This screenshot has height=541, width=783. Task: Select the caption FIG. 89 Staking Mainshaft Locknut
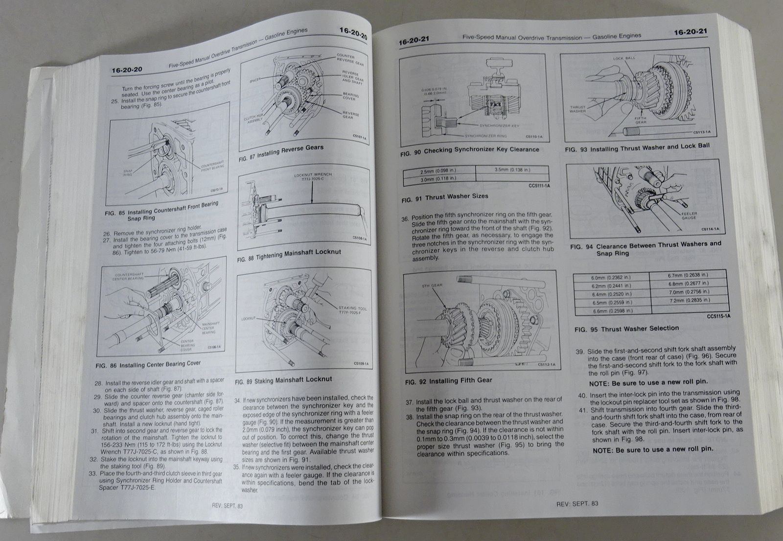pos(283,380)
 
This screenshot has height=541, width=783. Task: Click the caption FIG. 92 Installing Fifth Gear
pos(449,380)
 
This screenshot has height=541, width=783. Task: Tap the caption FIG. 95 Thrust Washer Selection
pos(627,329)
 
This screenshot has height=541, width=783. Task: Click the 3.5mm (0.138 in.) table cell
pos(512,170)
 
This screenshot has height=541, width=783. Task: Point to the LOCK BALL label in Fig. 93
pos(624,58)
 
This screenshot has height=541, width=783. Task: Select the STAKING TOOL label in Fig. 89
pos(352,309)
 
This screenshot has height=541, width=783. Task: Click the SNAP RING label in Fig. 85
pos(128,172)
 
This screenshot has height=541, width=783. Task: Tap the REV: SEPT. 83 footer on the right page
pos(577,504)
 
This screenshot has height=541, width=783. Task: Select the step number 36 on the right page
pos(405,219)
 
